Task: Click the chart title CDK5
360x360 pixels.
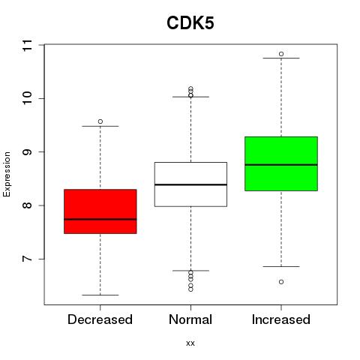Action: pos(190,23)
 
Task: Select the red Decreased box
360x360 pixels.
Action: pos(100,211)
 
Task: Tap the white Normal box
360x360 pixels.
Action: pos(190,184)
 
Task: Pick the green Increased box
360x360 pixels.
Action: pos(281,163)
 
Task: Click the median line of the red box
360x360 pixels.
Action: pos(100,219)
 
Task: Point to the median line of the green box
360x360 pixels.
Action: pos(281,165)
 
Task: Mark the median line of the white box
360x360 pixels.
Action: pos(190,184)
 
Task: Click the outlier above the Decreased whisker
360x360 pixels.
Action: pos(100,121)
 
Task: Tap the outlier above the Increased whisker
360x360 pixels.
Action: pos(281,54)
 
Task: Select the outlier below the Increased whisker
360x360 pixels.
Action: pos(281,282)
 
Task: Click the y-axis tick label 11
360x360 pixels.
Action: pos(28,45)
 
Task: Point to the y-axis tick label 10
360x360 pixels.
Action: pos(28,98)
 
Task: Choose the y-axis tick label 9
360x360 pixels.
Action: pos(28,151)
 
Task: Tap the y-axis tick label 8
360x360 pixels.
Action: pos(28,205)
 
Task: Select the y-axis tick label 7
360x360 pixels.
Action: pos(28,259)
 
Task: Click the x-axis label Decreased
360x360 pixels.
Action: pos(100,319)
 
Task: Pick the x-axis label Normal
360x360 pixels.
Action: pos(190,319)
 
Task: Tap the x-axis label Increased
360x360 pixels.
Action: pos(281,319)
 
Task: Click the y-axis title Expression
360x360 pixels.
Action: pos(7,175)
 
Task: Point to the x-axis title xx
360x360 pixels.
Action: pos(190,343)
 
